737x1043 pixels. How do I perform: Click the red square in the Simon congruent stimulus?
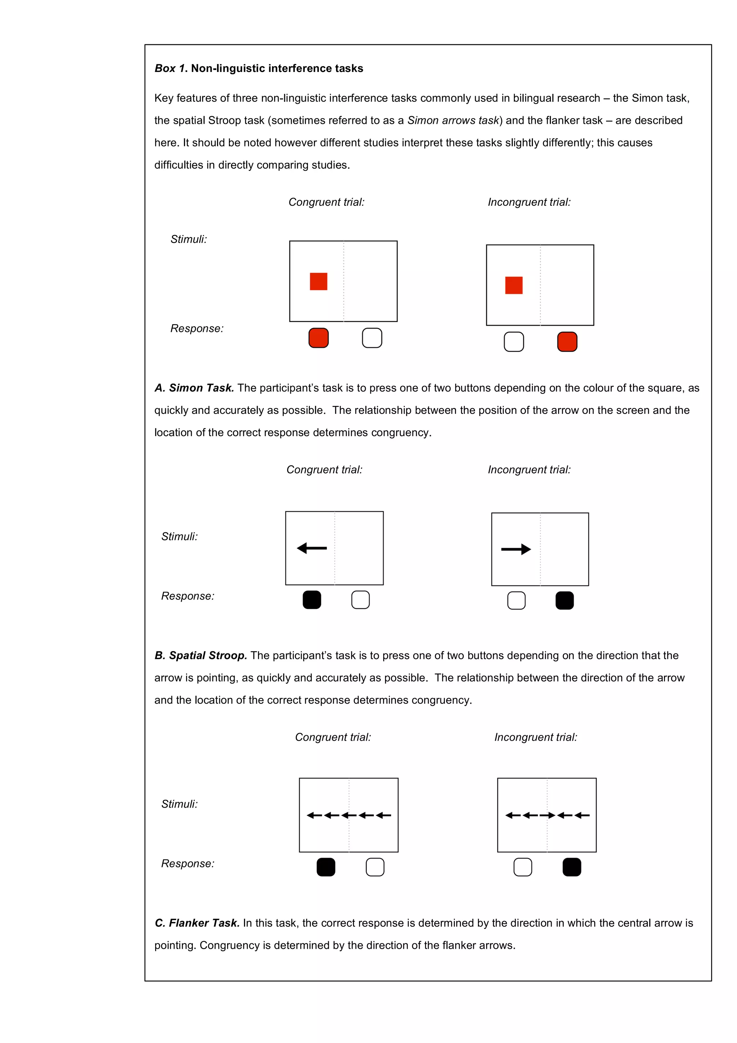point(318,281)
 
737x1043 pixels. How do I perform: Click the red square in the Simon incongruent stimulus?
point(514,285)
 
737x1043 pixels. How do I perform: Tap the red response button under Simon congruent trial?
point(318,338)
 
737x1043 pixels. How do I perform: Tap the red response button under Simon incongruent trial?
point(567,342)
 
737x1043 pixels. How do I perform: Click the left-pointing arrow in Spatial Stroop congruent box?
point(312,548)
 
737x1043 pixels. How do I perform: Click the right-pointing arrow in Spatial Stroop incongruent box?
point(516,549)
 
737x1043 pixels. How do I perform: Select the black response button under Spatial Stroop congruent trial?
point(312,600)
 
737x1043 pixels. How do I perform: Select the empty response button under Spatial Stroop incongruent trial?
point(516,601)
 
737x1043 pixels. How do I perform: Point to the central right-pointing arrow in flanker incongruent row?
point(547,816)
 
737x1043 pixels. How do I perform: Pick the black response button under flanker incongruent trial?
point(572,867)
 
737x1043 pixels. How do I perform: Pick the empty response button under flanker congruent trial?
point(375,867)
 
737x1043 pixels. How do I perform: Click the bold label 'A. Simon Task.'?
point(194,388)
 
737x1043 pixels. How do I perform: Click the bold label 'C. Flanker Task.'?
point(196,923)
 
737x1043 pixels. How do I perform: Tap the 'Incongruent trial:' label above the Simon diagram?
point(529,202)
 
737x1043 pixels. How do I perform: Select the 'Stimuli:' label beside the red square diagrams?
point(189,239)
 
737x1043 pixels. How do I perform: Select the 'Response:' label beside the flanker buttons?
point(187,863)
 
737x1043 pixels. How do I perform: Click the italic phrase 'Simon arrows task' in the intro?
point(453,120)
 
